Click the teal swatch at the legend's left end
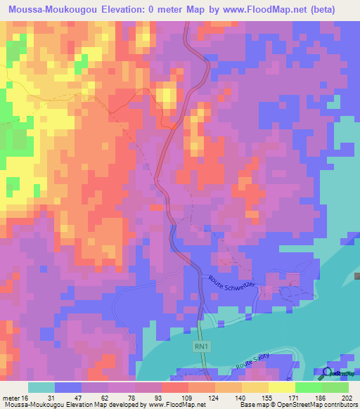41,387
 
